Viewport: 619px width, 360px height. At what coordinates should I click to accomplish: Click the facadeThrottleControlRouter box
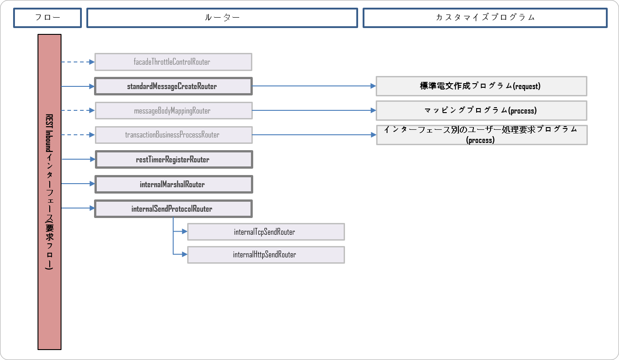[x=173, y=62]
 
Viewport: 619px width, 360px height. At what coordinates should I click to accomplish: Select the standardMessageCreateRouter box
[x=173, y=86]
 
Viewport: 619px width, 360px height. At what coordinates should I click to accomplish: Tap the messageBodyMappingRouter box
[x=173, y=111]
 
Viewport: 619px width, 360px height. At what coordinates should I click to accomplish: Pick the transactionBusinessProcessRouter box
[x=173, y=135]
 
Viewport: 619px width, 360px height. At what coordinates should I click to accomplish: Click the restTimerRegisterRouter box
[x=173, y=160]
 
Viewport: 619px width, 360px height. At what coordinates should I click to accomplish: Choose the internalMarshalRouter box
[x=173, y=185]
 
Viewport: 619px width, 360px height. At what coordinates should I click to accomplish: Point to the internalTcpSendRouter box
[x=266, y=232]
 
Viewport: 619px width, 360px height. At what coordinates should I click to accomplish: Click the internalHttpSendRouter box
[x=266, y=255]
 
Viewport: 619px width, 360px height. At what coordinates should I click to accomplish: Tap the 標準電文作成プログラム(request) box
[x=481, y=86]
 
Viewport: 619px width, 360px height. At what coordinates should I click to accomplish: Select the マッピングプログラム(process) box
[x=481, y=111]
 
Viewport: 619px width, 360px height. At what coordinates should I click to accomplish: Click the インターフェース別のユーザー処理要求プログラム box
[x=481, y=135]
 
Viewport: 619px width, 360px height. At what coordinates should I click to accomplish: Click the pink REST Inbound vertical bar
[x=49, y=192]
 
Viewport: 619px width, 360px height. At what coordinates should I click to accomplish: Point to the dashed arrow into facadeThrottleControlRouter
[x=77, y=62]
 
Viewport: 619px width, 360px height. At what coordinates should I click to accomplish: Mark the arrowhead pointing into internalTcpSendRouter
[x=184, y=232]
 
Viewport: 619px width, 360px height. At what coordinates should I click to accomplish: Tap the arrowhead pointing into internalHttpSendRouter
[x=184, y=255]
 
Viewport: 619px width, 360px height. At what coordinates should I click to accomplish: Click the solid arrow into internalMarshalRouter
[x=77, y=184]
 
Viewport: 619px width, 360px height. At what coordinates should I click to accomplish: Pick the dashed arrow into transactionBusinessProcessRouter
[x=77, y=135]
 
